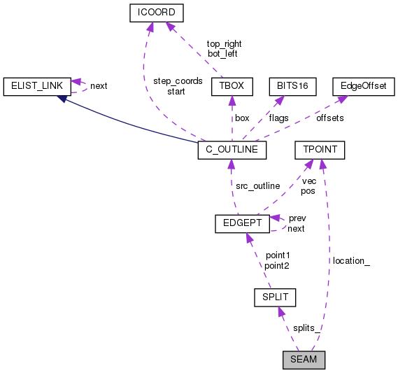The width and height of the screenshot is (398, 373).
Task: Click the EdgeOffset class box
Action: point(363,85)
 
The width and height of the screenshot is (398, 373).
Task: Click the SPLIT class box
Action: point(275,297)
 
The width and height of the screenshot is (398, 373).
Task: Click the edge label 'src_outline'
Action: point(257,185)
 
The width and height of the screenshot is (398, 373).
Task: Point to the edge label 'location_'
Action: point(351,260)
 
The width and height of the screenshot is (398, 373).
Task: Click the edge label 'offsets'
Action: point(330,118)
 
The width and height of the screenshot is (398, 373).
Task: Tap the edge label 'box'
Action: point(242,118)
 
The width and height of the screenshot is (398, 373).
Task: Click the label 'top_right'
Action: point(225,43)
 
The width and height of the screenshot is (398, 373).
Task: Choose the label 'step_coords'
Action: point(178,80)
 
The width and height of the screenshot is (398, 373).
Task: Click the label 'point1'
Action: point(278,255)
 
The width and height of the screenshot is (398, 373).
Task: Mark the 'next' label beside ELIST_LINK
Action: point(99,86)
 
